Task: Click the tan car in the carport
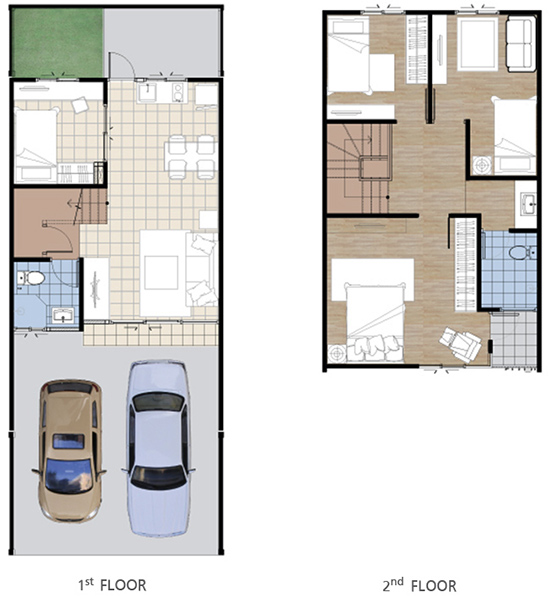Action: [69, 451]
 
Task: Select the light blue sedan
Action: [159, 449]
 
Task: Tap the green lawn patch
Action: [57, 42]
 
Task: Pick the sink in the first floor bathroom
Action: [63, 315]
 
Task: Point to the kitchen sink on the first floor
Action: [148, 92]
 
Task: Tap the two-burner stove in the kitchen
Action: [179, 93]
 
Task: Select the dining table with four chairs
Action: [191, 157]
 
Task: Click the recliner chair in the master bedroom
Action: [460, 343]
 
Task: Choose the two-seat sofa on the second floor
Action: [521, 43]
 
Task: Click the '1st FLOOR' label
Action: [112, 585]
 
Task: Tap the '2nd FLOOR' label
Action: [419, 585]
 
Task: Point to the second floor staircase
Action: [359, 168]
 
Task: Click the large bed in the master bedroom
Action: [375, 321]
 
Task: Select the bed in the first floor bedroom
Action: [36, 145]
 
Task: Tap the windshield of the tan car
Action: [69, 476]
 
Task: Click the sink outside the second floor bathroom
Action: [528, 204]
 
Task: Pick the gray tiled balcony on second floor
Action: [514, 339]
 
